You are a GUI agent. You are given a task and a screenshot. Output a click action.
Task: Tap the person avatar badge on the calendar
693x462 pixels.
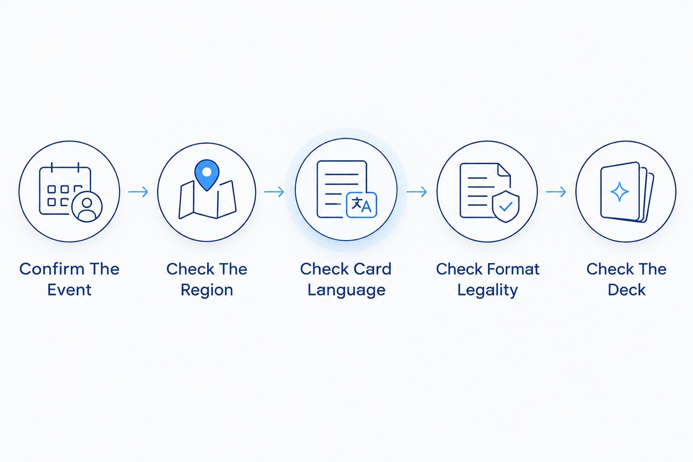87,207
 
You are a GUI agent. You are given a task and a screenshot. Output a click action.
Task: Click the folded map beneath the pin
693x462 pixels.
208,200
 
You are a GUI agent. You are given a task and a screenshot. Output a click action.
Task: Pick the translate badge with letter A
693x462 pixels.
361,205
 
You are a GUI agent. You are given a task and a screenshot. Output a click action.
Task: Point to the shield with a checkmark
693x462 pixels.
505,206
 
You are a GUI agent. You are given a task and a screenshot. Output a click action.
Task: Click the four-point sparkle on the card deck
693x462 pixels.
619,192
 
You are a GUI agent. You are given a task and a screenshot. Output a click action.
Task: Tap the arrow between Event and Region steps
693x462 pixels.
139,192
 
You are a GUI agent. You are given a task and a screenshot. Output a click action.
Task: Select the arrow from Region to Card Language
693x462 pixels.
274,192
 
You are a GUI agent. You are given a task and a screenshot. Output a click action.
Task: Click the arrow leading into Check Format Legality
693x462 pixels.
417,192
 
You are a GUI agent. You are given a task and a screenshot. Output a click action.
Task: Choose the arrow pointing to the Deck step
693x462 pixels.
556,192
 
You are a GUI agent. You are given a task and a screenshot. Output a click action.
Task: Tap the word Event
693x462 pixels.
69,290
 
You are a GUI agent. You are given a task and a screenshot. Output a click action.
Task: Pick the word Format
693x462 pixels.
513,268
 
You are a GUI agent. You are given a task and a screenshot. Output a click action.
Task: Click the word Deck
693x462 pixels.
627,290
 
